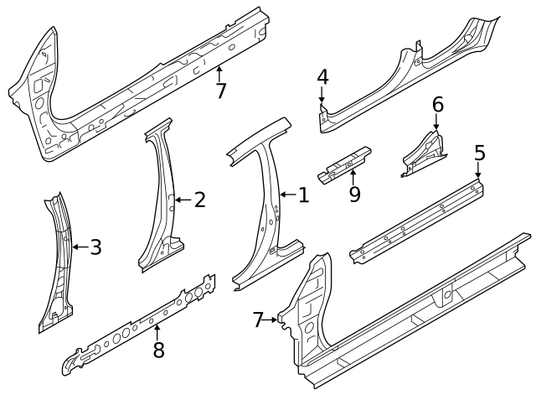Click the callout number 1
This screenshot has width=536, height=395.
click(x=302, y=195)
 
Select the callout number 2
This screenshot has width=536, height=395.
click(x=199, y=199)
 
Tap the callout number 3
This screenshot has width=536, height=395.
click(x=95, y=247)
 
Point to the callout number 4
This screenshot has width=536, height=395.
click(x=322, y=78)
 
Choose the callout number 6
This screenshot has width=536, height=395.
click(x=436, y=105)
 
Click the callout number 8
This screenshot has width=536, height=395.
click(x=158, y=350)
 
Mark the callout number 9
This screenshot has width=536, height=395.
click(x=353, y=194)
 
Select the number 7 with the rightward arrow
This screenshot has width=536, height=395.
click(x=259, y=319)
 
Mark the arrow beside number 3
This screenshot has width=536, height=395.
click(x=78, y=247)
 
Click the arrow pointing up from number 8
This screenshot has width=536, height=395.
click(x=157, y=331)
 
